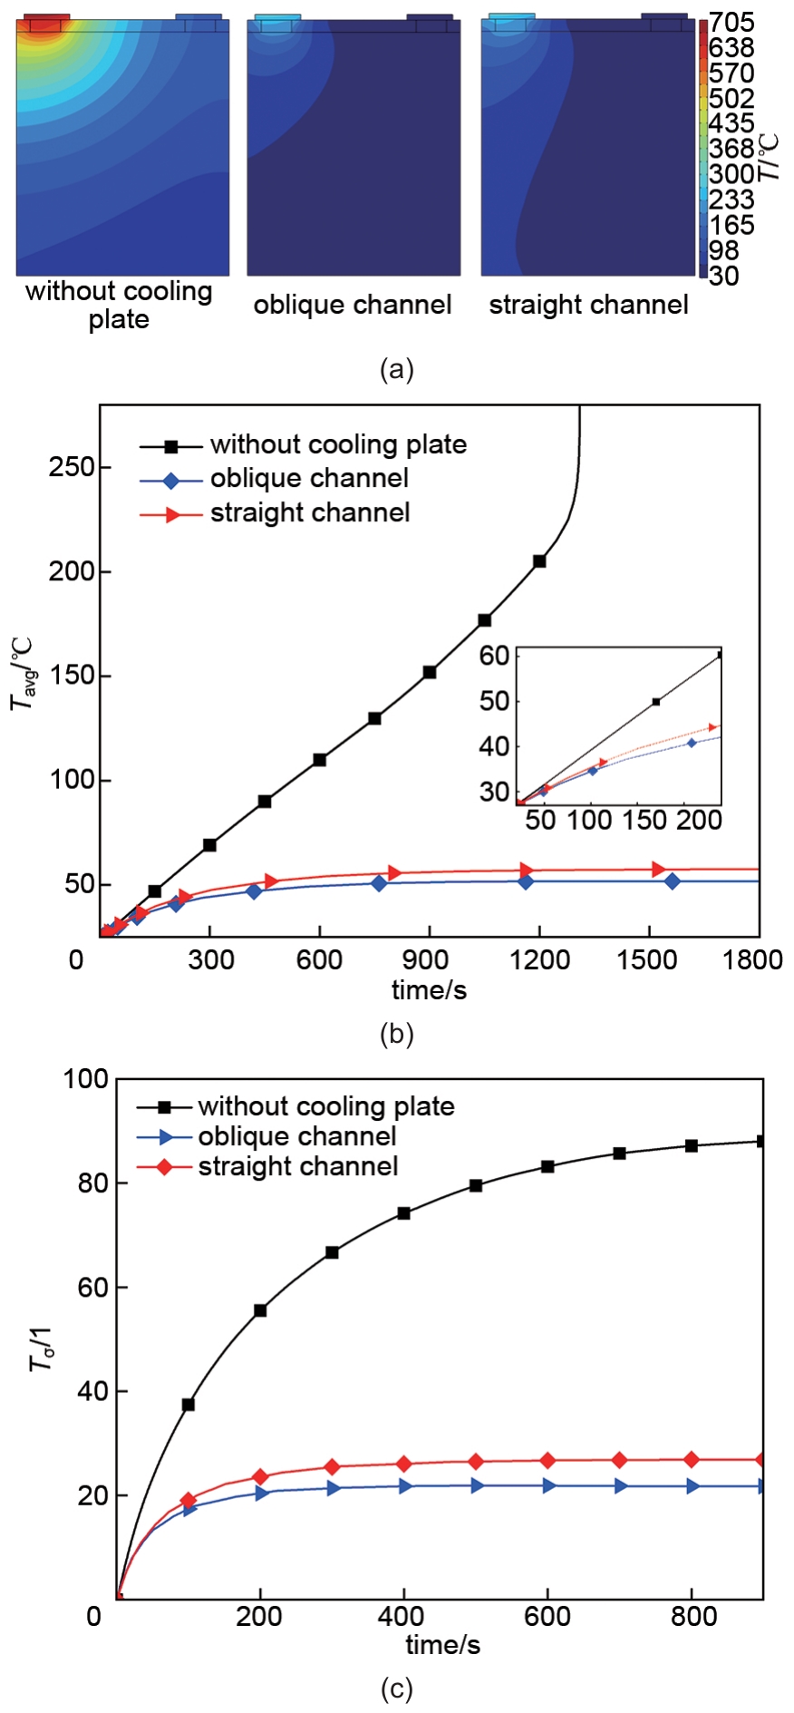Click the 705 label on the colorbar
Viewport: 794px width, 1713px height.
click(x=731, y=23)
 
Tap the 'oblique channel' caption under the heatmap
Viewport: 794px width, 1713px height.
click(x=353, y=305)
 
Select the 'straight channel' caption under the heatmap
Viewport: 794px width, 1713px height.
click(x=588, y=305)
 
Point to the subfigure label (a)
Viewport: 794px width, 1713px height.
click(x=397, y=369)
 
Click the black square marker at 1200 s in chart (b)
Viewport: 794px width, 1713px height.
click(x=539, y=561)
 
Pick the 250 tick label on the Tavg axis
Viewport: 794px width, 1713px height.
click(x=72, y=467)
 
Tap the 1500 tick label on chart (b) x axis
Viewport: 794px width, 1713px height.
click(x=647, y=959)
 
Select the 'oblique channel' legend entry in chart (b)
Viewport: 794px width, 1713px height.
click(x=309, y=479)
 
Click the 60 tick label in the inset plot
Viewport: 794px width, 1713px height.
click(x=494, y=656)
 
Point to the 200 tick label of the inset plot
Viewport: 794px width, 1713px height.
click(x=700, y=821)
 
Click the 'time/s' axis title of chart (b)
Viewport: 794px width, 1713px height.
click(x=429, y=990)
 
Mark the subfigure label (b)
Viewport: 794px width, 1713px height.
click(x=397, y=1034)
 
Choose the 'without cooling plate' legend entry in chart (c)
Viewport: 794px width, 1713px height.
click(x=325, y=1106)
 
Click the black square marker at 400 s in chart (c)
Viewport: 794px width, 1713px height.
click(x=403, y=1213)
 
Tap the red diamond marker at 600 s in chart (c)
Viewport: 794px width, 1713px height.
click(x=547, y=1460)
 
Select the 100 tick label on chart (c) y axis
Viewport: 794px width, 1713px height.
click(x=87, y=1079)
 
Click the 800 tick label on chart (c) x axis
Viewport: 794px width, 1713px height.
click(x=694, y=1617)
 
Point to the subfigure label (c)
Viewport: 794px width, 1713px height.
click(x=397, y=1689)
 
